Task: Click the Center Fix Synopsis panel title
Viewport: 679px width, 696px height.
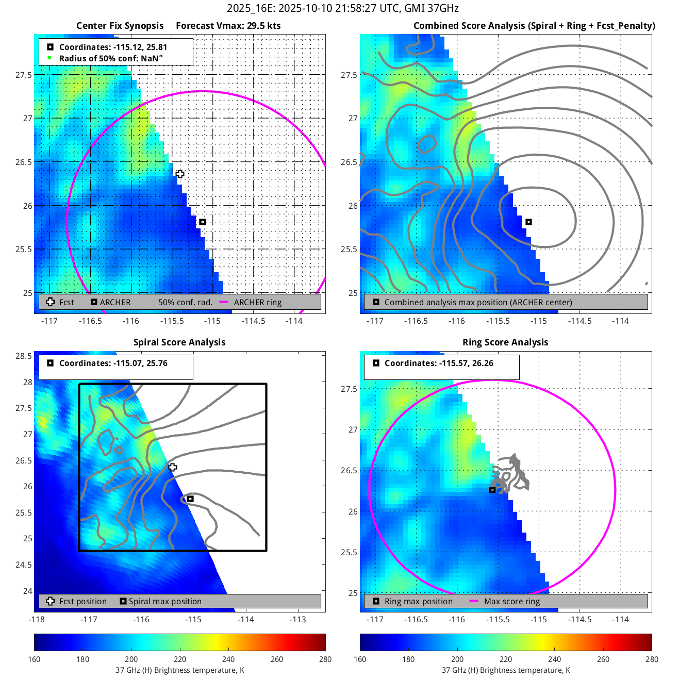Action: pos(120,26)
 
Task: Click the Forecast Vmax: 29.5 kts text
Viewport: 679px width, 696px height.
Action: pos(228,26)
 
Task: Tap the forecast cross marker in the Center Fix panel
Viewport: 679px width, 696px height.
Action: pos(180,174)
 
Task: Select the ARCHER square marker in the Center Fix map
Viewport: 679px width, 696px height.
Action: pos(203,222)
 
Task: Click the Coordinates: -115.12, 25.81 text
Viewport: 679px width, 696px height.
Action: pos(113,47)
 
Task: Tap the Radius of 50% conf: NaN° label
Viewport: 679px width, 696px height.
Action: pos(110,58)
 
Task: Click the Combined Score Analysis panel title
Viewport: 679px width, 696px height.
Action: pos(534,26)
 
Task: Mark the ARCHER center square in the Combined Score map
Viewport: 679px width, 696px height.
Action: pos(528,222)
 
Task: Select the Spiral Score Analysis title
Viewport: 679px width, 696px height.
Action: pos(179,342)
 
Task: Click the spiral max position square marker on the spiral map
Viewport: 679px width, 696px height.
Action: pos(190,499)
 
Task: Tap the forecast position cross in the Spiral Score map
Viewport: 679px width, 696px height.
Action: pos(173,467)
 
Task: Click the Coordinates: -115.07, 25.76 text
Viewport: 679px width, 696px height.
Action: pos(113,363)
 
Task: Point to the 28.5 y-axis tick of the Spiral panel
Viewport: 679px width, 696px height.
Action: pos(24,356)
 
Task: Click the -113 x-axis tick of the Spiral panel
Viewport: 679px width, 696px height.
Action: pos(298,619)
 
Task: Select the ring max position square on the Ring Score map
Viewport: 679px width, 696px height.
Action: pos(492,490)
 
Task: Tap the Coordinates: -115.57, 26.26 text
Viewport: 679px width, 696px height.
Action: pos(438,363)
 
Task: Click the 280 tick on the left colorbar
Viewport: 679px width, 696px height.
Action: pos(325,659)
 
